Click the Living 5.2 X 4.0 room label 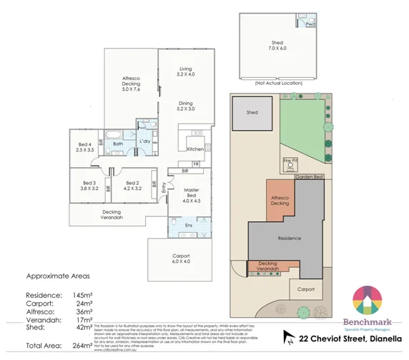click(186, 71)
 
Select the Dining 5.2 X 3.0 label click(186, 106)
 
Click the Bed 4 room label click(85, 147)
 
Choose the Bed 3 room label click(89, 187)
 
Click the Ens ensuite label click(188, 226)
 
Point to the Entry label click(163, 188)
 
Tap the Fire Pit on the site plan click(290, 163)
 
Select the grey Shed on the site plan click(252, 113)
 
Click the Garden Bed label click(309, 176)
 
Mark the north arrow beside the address click(289, 335)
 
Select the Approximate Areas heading click(56, 275)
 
